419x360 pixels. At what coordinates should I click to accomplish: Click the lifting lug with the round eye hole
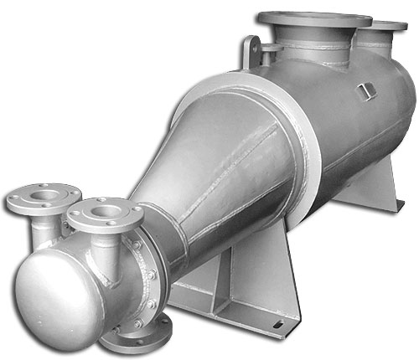(x=250, y=51)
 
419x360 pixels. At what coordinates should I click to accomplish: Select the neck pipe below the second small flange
(x=104, y=243)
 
